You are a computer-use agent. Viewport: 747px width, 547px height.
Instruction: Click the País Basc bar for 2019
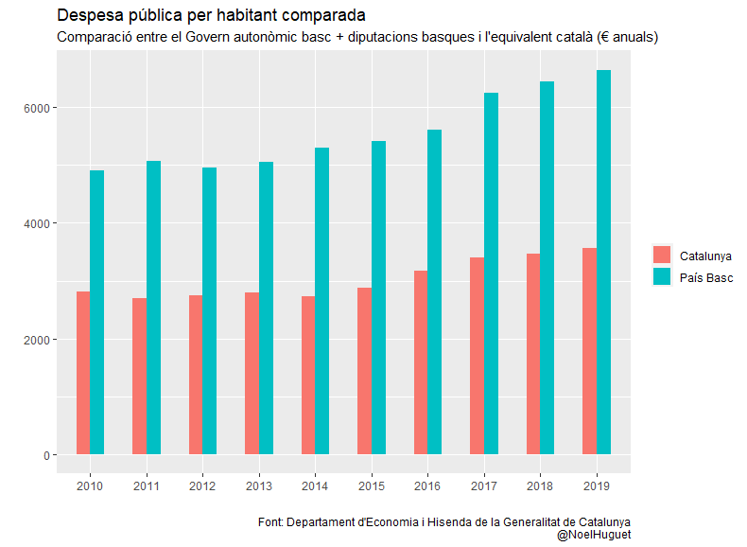tap(603, 262)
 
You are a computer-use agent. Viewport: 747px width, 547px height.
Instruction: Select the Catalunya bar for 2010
tap(83, 373)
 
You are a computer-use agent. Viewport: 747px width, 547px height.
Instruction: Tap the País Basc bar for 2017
tap(491, 273)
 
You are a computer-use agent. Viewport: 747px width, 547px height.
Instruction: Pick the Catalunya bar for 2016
tap(421, 362)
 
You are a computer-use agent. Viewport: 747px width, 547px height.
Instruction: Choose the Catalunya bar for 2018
tap(533, 354)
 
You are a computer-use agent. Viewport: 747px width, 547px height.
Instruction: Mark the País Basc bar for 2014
tap(321, 301)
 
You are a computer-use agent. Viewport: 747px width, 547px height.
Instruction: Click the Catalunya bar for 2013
tap(252, 373)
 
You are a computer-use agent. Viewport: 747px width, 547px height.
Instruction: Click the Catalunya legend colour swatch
tap(662, 256)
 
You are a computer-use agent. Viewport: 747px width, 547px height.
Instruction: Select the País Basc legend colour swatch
tap(662, 277)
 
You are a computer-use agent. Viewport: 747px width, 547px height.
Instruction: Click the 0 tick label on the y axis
tap(44, 455)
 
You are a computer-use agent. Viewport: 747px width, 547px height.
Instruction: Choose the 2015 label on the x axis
tap(371, 485)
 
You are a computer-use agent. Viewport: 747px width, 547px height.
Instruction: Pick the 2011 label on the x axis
tap(146, 485)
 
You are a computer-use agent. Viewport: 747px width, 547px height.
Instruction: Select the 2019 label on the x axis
tap(596, 485)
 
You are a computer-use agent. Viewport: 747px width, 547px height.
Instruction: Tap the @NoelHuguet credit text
tap(593, 535)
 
